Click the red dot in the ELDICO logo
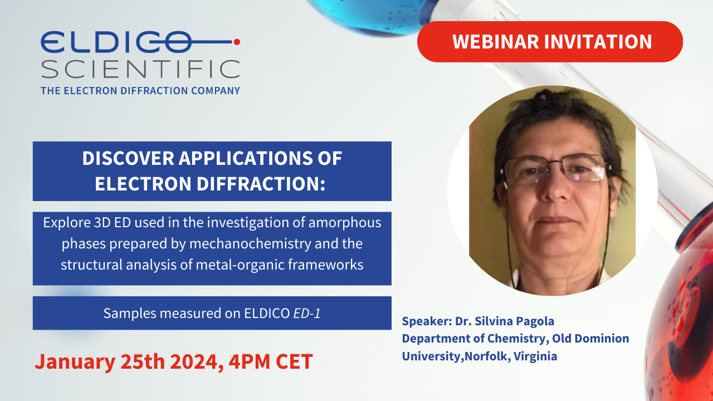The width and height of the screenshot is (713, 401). (237, 42)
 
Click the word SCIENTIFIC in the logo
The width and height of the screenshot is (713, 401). (140, 69)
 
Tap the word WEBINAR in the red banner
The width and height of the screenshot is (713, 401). (496, 42)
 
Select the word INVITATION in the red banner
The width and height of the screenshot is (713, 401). (598, 42)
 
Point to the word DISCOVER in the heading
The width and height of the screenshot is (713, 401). (128, 158)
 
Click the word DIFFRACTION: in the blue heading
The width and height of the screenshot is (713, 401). (261, 184)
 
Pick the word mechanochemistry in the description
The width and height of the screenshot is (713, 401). (250, 244)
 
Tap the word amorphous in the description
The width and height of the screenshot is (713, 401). (345, 223)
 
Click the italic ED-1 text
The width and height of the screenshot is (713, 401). (307, 314)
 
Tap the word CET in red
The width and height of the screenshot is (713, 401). (294, 361)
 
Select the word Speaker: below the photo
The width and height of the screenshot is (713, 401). (427, 321)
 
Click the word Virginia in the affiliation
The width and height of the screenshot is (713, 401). (535, 356)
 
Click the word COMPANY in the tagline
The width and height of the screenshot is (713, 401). (216, 91)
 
